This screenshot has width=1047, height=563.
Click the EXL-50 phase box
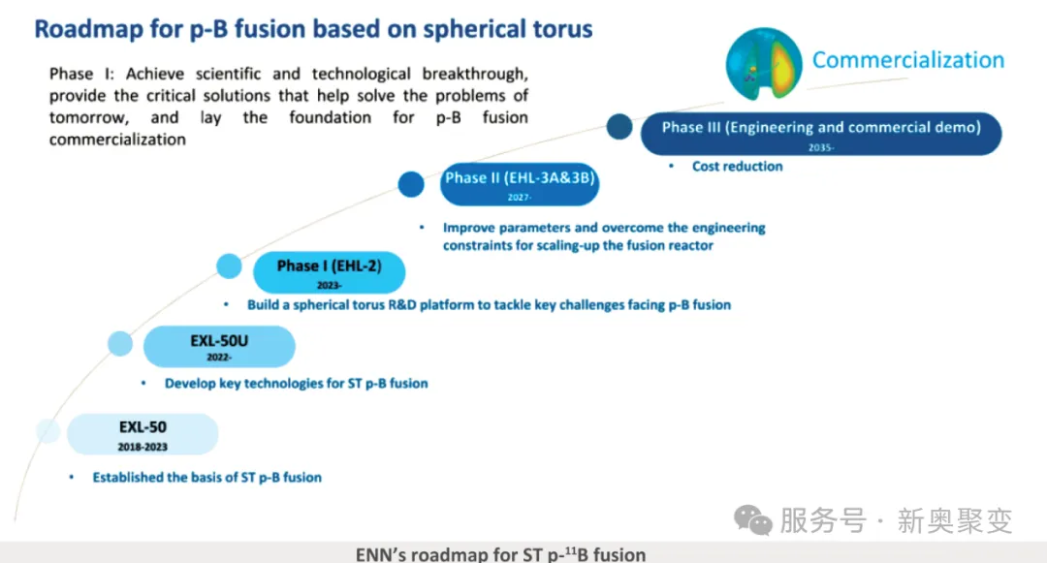point(143,433)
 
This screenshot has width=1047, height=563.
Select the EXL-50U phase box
point(219,347)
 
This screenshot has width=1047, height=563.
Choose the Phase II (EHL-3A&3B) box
point(519,184)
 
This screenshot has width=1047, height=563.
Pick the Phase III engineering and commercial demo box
point(821,134)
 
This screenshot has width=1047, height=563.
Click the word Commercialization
point(907,60)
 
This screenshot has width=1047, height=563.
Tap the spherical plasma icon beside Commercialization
point(764,64)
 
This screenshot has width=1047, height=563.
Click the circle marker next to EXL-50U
point(120,343)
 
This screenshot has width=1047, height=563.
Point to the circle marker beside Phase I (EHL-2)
point(229,266)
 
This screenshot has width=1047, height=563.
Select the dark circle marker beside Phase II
point(412,183)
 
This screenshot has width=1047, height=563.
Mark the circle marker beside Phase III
point(619,126)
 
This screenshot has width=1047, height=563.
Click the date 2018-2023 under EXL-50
point(143,447)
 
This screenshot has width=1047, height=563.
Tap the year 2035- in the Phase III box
point(820,147)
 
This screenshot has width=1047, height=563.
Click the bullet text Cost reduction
point(737,167)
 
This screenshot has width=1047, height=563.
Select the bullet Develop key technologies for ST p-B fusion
point(296,384)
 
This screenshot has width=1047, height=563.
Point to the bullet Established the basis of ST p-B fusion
point(206,478)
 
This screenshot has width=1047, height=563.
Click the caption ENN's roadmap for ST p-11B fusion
point(500,554)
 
